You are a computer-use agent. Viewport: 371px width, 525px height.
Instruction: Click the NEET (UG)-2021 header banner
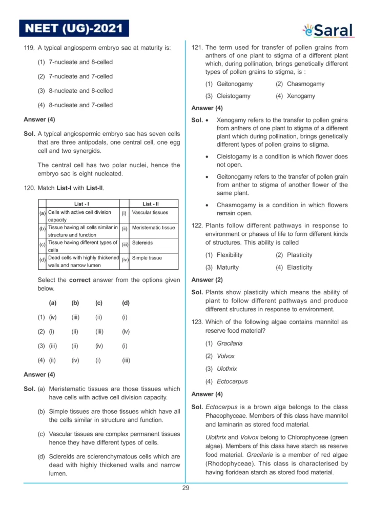point(74,28)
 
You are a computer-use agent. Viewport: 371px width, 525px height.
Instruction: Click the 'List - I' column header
point(83,204)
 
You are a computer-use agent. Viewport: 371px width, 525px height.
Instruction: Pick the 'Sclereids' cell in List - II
point(141,243)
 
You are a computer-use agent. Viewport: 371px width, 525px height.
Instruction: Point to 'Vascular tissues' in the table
point(150,212)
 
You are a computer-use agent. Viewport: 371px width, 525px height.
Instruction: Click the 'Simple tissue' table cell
point(147,258)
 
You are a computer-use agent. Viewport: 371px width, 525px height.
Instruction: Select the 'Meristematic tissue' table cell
point(153,228)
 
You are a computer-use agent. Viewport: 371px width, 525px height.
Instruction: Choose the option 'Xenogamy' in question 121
point(301,96)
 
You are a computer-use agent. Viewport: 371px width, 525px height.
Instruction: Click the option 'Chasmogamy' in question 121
point(305,84)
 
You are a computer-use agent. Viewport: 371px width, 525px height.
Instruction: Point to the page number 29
point(186,488)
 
